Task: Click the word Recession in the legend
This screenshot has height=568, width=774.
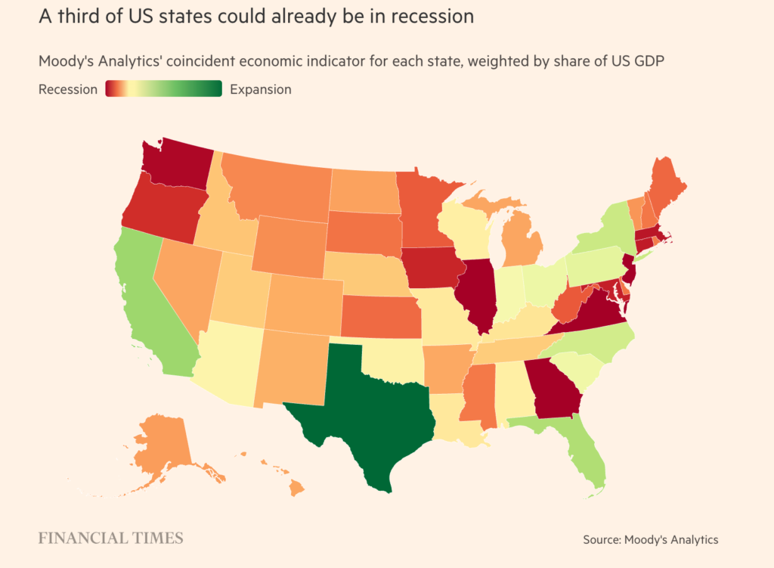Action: [x=68, y=89]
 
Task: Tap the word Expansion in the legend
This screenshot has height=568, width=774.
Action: [x=260, y=89]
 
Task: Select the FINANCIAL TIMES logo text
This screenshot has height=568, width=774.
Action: [x=111, y=539]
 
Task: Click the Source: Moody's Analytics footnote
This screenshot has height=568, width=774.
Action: [x=650, y=539]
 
